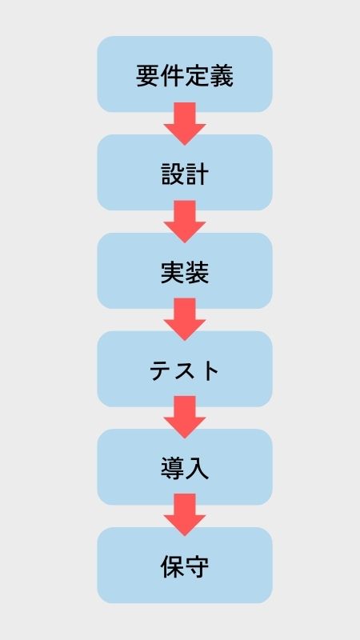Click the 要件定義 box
point(185,74)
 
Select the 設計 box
point(185,172)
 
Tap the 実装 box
point(185,270)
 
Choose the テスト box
point(185,369)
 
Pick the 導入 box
point(185,467)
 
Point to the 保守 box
point(185,566)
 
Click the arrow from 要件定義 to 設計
point(185,124)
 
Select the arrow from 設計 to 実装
point(185,222)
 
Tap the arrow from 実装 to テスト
point(185,319)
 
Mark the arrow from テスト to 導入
point(185,417)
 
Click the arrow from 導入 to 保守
point(185,515)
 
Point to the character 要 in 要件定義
point(148,76)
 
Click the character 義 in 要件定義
point(222,76)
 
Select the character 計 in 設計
point(197,174)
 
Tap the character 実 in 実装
point(172,273)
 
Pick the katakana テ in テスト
point(162,371)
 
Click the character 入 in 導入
point(197,469)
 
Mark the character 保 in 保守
point(172,567)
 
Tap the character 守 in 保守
point(197,567)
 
